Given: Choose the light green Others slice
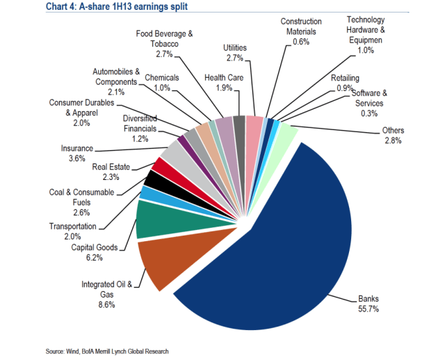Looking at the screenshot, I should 285,133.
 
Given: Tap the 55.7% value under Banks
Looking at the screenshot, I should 368,309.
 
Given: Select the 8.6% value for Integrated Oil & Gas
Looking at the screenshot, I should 107,304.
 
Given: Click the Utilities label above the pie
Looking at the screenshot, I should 236,47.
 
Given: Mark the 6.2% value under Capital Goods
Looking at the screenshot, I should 95,257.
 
